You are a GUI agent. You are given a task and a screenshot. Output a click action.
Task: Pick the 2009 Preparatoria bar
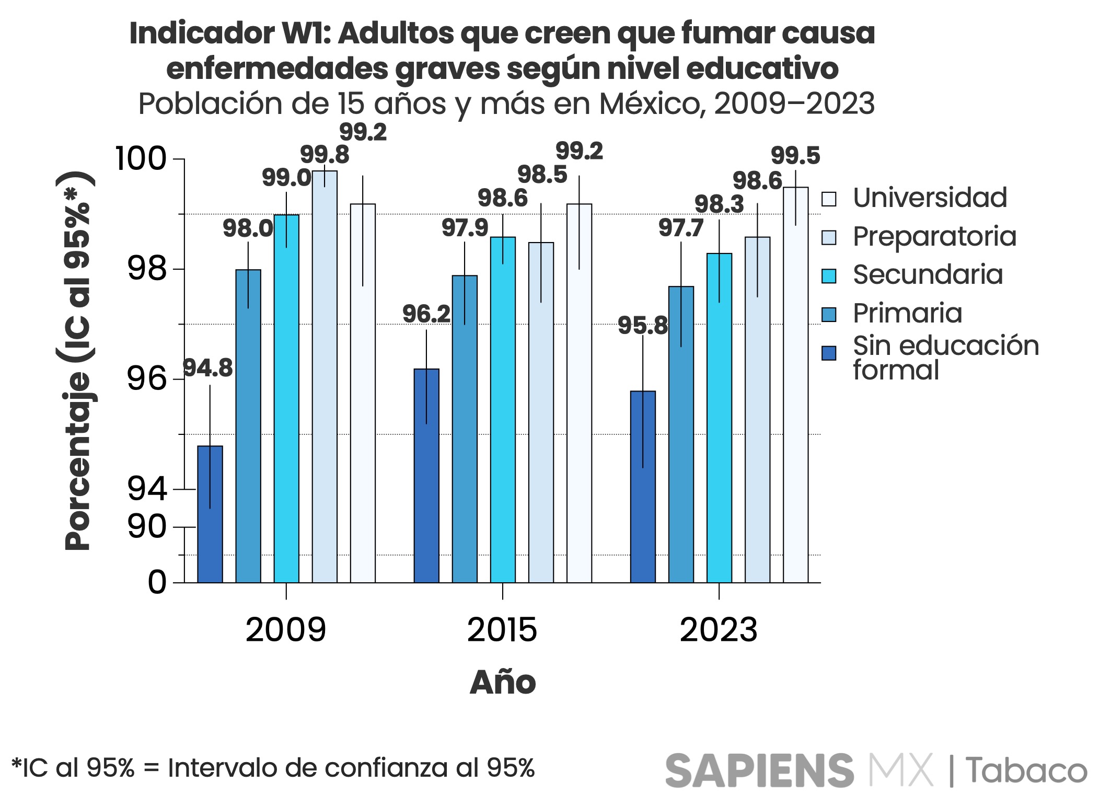(325, 376)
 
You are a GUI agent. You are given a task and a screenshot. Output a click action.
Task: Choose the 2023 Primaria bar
(681, 434)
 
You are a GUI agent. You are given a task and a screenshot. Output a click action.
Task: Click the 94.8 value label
(208, 369)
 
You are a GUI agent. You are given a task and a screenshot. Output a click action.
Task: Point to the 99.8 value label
(325, 155)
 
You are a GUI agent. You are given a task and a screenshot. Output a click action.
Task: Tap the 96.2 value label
(426, 314)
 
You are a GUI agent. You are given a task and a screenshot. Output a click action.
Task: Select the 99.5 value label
(795, 156)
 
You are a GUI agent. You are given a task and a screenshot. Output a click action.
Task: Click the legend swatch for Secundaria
(829, 276)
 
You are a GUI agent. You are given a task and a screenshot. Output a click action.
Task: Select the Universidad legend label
(930, 198)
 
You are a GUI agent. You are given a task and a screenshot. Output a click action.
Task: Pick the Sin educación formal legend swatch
(829, 353)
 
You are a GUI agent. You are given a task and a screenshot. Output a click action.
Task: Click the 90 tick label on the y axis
(147, 527)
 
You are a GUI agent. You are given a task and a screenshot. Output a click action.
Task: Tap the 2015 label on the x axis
(502, 630)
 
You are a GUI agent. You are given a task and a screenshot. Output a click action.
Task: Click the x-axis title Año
(503, 683)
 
